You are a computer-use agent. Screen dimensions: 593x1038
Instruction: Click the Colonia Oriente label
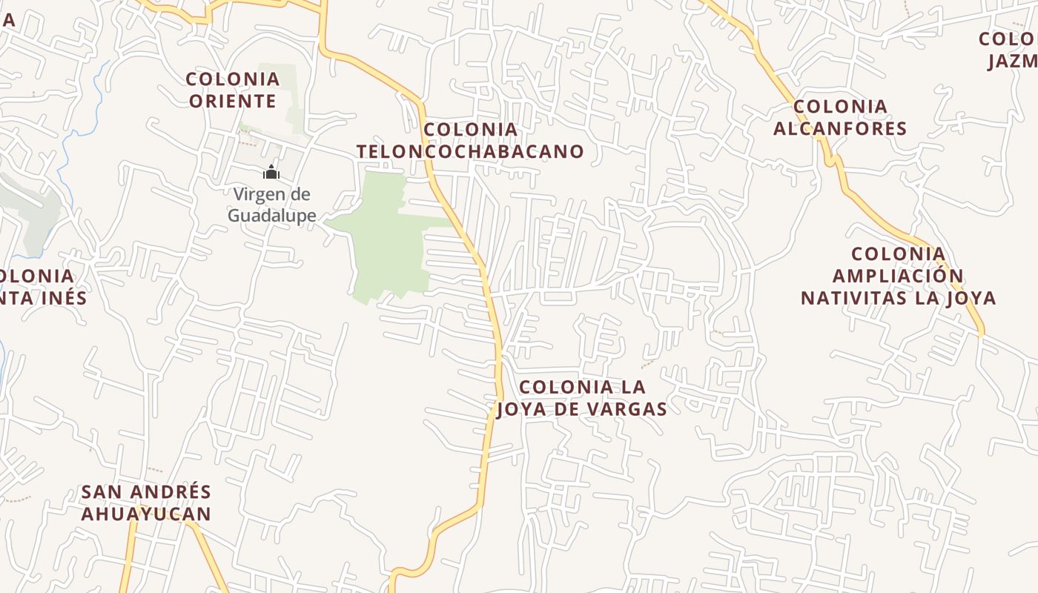click(x=233, y=90)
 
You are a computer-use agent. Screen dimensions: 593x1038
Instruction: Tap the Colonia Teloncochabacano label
click(x=470, y=141)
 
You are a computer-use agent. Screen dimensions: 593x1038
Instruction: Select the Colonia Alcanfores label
click(x=840, y=117)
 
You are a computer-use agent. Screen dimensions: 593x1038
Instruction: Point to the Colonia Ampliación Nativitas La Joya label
click(x=898, y=276)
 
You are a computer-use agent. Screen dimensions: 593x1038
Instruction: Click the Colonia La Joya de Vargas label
click(x=582, y=398)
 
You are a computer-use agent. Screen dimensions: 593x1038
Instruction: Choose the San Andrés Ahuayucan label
click(x=146, y=503)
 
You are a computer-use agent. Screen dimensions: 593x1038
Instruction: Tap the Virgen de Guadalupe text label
click(x=271, y=205)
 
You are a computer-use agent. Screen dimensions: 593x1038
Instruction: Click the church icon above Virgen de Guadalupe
click(x=271, y=173)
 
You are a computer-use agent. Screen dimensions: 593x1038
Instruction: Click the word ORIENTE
click(x=233, y=101)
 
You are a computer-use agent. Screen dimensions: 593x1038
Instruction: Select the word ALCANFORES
click(x=840, y=128)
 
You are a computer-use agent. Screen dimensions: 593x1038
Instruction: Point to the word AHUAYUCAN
click(x=146, y=514)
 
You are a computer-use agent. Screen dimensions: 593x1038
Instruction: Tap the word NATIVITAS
click(x=851, y=298)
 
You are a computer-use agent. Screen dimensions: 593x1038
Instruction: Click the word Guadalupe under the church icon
click(x=271, y=216)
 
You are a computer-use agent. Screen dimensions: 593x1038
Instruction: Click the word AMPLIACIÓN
click(x=898, y=276)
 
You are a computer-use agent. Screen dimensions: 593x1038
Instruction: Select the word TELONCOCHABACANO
click(x=470, y=151)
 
